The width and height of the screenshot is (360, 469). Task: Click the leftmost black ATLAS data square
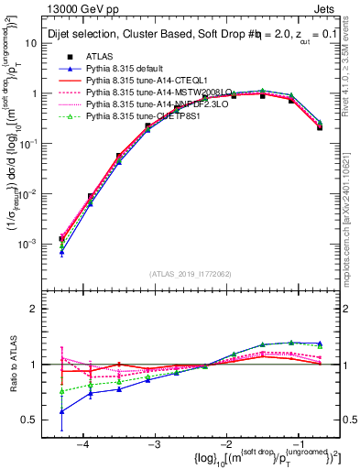point(61,239)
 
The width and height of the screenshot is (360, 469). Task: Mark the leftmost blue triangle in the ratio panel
point(61,411)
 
